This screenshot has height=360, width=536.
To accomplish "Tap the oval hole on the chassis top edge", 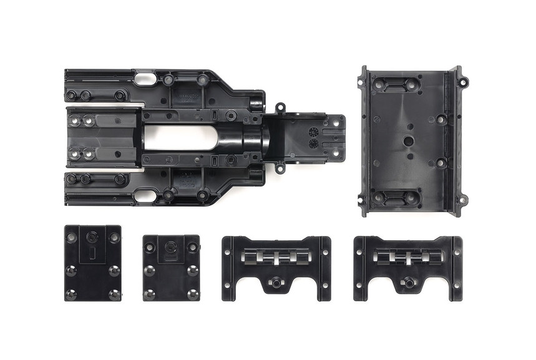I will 145,79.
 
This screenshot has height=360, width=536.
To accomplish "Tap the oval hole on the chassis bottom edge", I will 145,195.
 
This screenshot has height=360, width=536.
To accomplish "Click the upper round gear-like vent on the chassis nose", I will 313,132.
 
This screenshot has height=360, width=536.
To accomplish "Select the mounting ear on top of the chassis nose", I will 280,108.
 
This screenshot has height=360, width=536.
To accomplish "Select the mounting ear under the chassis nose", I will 280,167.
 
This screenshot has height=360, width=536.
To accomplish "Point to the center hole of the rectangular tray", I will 408,141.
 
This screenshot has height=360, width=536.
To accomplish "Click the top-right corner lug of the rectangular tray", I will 462,82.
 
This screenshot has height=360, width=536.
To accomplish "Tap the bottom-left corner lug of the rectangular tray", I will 361,201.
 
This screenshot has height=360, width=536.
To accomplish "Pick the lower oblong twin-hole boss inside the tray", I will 395,197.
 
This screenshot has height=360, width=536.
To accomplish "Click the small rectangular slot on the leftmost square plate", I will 92,252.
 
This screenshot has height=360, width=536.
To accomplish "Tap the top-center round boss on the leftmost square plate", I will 92,237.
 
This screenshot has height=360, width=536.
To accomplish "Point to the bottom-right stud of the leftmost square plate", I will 114,293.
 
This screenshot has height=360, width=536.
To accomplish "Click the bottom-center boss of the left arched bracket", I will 275,283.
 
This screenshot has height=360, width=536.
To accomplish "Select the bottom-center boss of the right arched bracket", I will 409,283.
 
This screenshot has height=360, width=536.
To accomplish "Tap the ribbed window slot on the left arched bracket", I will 276,256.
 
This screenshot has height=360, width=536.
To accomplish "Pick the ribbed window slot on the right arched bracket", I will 409,256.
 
